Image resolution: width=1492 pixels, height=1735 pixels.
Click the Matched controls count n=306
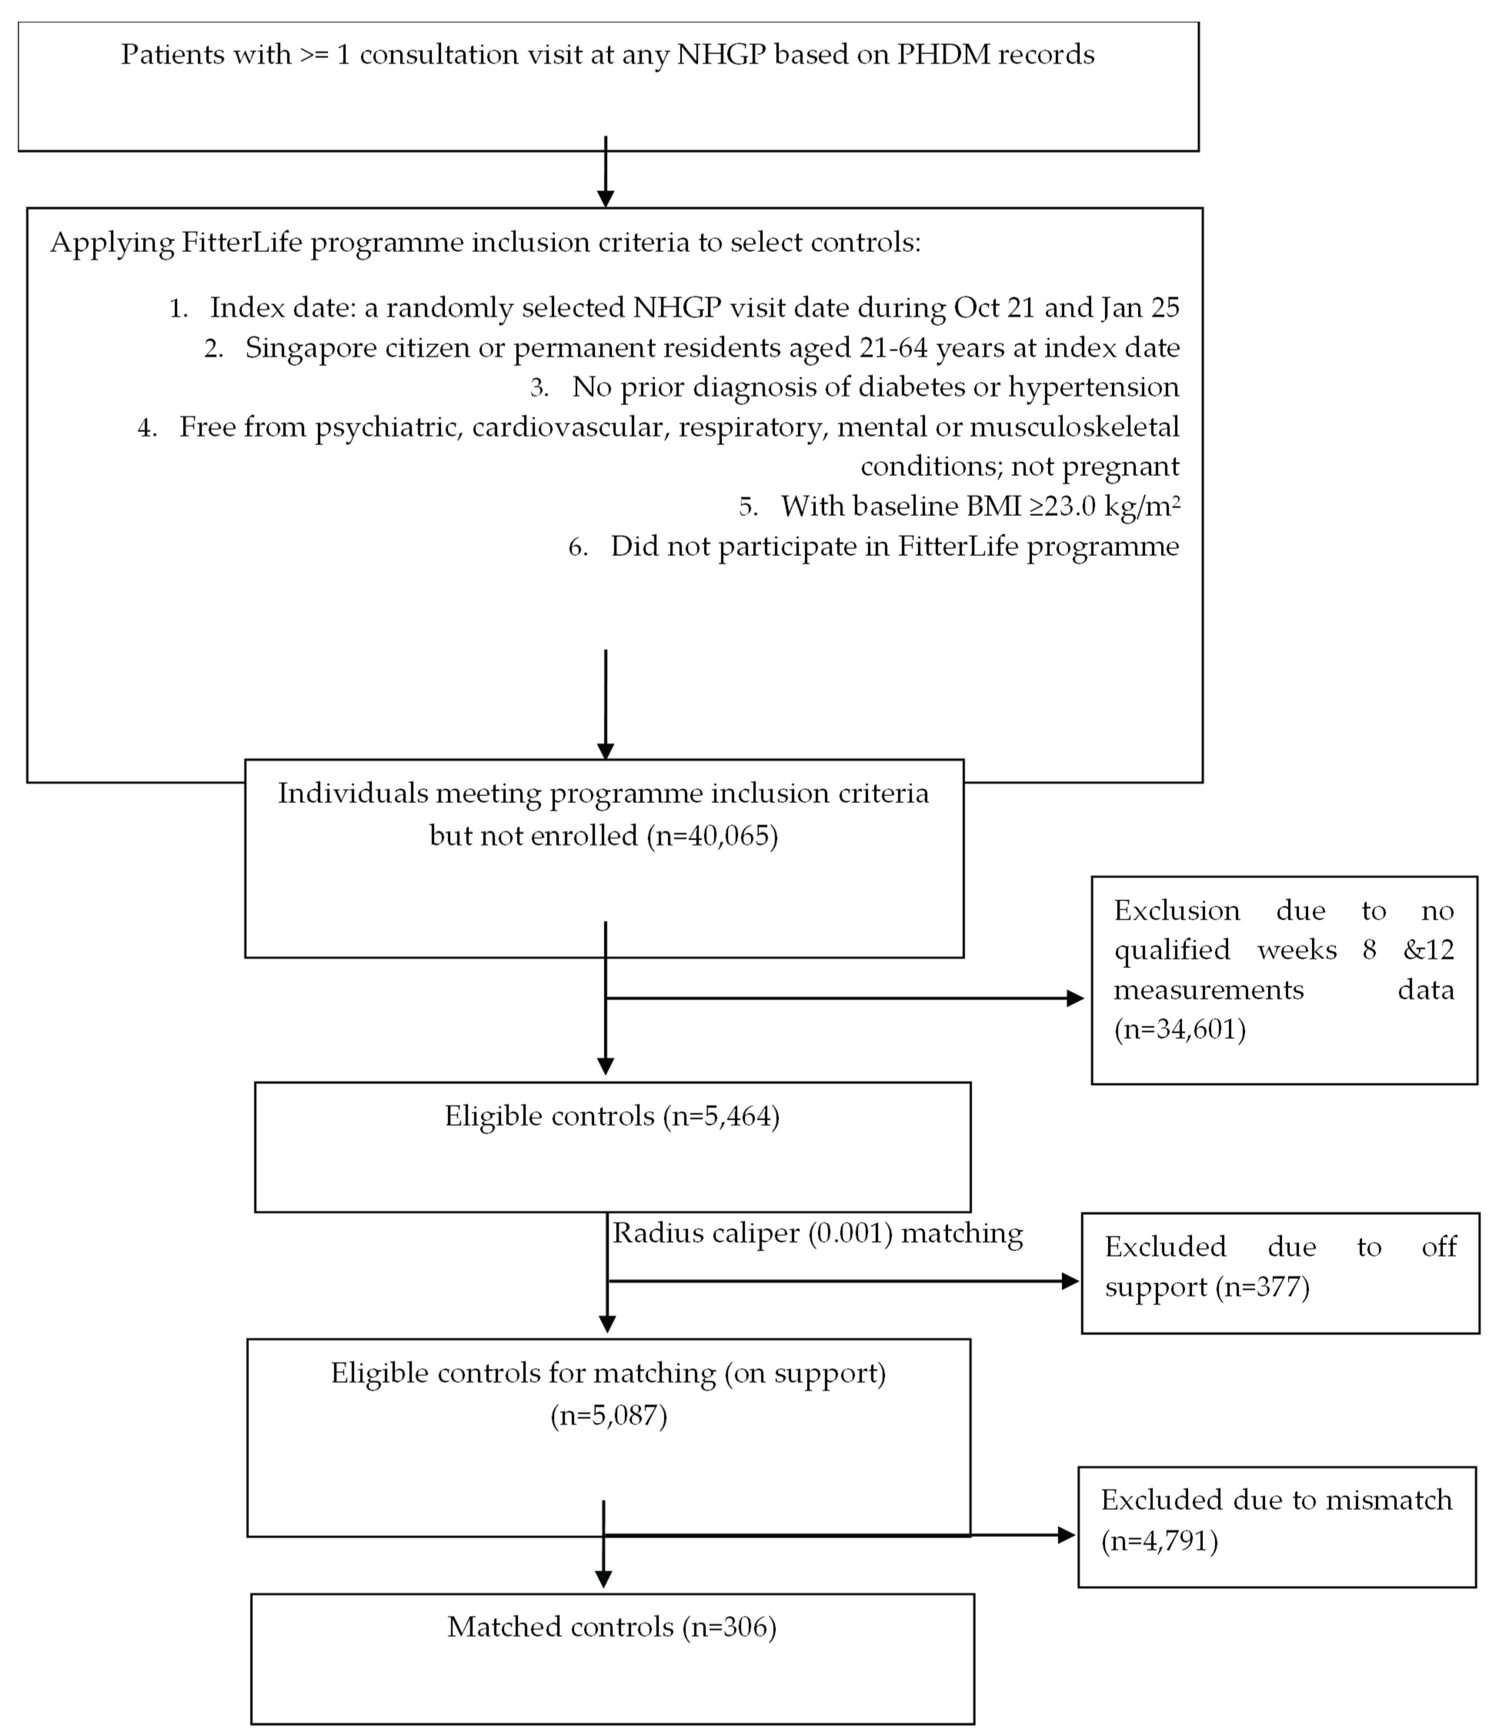pos(729,1627)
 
